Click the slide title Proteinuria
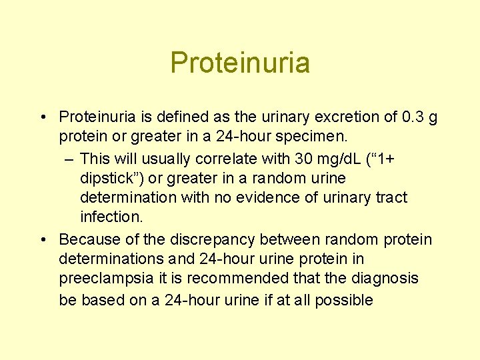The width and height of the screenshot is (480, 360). point(240,63)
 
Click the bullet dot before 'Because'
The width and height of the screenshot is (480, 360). point(42,239)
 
